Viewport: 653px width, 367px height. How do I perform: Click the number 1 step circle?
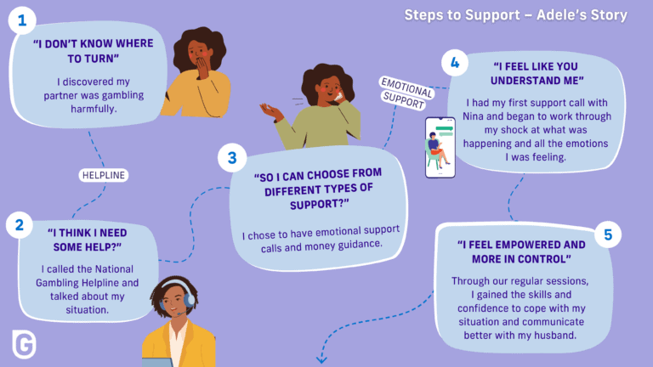(x=22, y=20)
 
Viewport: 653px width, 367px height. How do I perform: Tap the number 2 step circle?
(x=20, y=225)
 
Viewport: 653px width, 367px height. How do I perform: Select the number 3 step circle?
(x=232, y=158)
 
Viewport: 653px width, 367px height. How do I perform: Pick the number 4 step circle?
(x=455, y=63)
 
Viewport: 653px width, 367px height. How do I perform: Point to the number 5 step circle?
(x=608, y=234)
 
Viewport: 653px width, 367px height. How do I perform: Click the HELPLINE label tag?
(x=103, y=175)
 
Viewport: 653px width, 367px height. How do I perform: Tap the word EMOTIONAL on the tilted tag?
(x=407, y=88)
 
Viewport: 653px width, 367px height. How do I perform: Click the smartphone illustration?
(x=440, y=148)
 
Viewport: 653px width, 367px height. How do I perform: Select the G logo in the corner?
(x=24, y=344)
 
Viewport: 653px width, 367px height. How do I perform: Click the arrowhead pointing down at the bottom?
(x=321, y=359)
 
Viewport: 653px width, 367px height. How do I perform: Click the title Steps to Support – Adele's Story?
(x=515, y=15)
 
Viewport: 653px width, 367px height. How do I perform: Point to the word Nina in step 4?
(x=473, y=116)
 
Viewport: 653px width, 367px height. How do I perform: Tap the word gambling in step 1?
(x=122, y=96)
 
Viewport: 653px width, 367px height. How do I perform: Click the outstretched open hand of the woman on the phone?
(x=270, y=110)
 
